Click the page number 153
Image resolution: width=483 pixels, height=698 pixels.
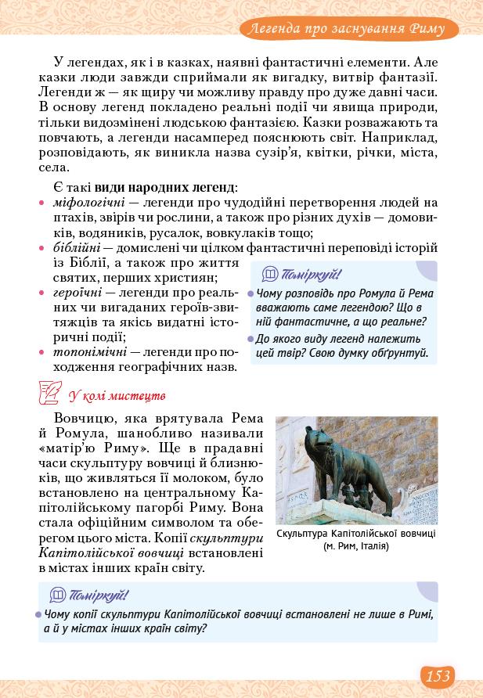tap(438, 675)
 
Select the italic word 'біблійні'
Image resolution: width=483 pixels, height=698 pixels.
tap(74, 248)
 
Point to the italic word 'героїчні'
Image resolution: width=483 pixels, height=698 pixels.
tap(76, 292)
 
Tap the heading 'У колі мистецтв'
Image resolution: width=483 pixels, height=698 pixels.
tap(117, 396)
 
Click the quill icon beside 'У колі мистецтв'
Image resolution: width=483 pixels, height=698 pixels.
tap(51, 394)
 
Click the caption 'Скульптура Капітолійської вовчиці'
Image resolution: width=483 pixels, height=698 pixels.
tap(356, 534)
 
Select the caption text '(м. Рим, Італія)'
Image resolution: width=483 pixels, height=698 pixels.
tap(356, 546)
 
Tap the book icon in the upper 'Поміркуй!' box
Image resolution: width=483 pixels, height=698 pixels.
tap(270, 274)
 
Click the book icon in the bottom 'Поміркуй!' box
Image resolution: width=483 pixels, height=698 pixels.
tap(57, 595)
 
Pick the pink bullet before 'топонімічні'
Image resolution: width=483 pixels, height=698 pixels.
tap(41, 353)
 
